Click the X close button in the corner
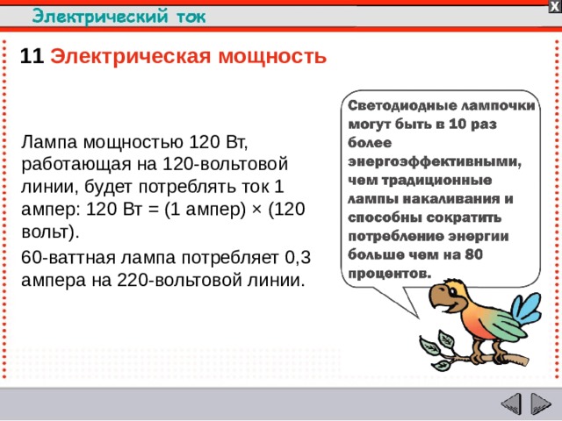click(x=554, y=6)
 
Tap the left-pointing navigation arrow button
click(x=510, y=404)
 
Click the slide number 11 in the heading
click(x=32, y=58)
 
